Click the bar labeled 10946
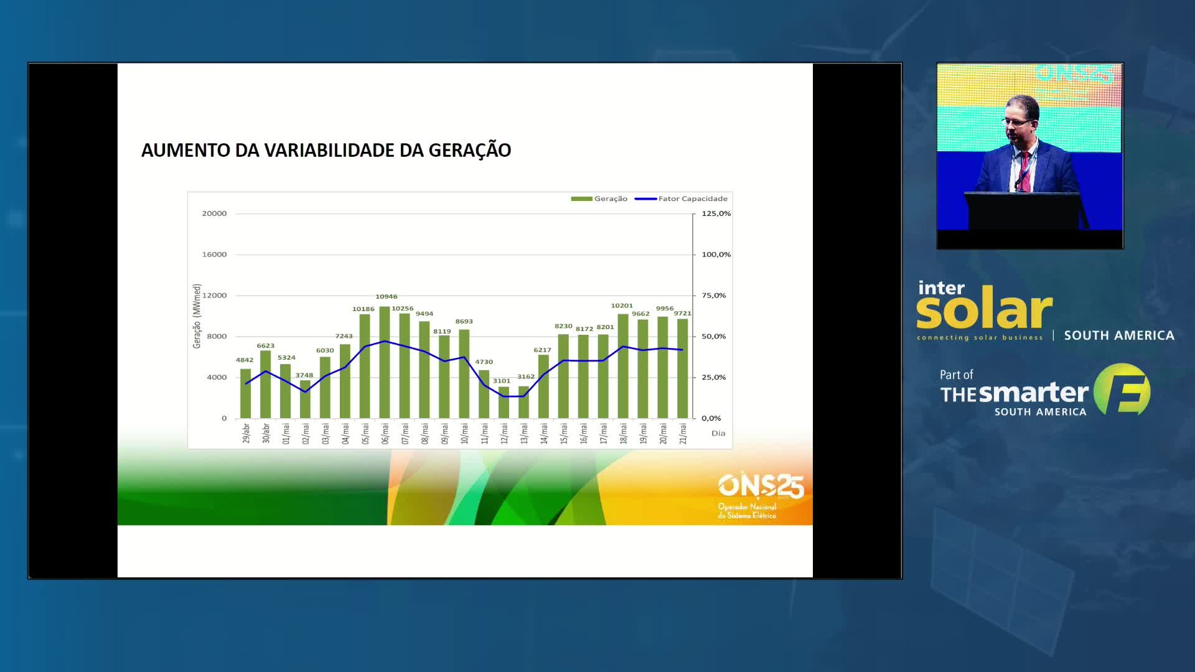(385, 362)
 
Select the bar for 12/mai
(504, 402)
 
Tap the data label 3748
(304, 375)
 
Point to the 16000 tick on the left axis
(214, 254)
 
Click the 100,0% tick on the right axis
(716, 254)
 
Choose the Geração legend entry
(599, 198)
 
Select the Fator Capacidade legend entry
(681, 198)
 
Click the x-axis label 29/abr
(246, 433)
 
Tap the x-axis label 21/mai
(683, 433)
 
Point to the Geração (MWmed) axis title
(197, 316)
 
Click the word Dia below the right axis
(718, 433)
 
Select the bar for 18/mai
(623, 366)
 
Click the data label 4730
(484, 362)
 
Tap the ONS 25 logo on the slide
(761, 495)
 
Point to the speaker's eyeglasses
(1016, 121)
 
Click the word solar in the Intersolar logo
(984, 309)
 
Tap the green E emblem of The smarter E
(1122, 390)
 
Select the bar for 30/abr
(266, 385)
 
